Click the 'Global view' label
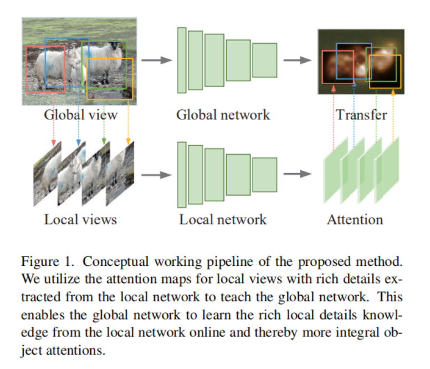point(80,115)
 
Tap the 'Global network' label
point(223,115)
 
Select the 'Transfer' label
point(361,115)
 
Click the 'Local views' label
point(80,219)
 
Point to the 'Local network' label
point(223,219)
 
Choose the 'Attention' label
point(355,219)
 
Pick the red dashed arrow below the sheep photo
point(53,125)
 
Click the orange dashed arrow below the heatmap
point(393,117)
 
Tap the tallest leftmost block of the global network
point(181,60)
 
